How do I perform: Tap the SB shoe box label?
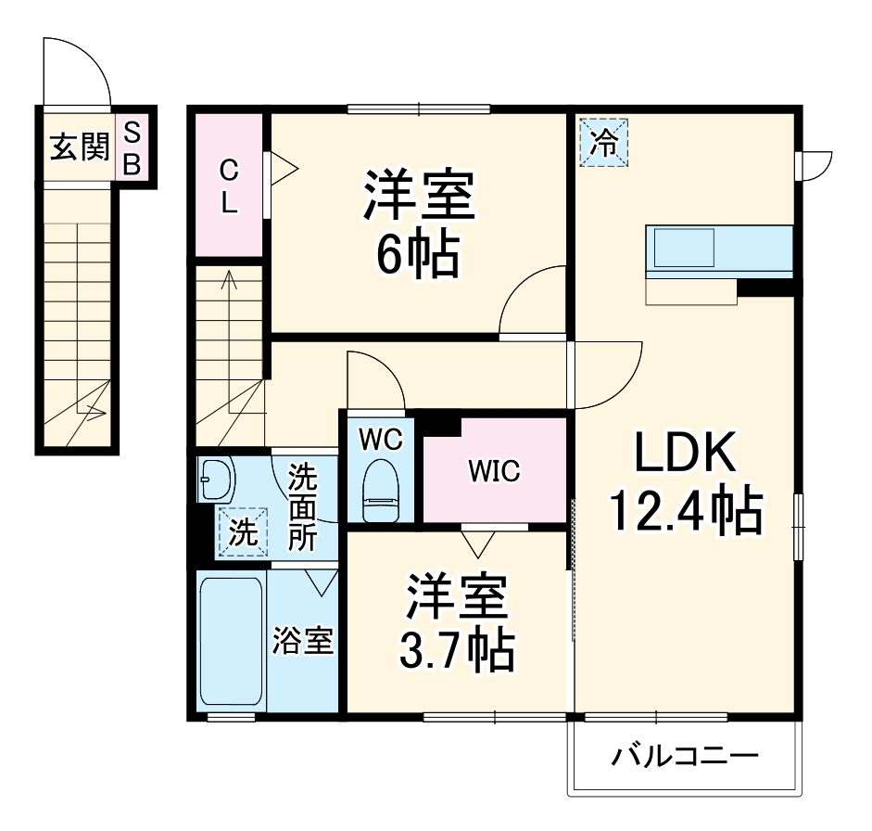132,147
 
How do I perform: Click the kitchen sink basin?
685,248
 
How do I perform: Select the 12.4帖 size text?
685,509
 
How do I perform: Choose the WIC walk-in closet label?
493,471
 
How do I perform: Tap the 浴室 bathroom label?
302,641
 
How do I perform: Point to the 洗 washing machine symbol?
241,532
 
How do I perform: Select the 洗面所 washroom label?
301,508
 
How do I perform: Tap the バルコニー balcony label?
684,758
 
